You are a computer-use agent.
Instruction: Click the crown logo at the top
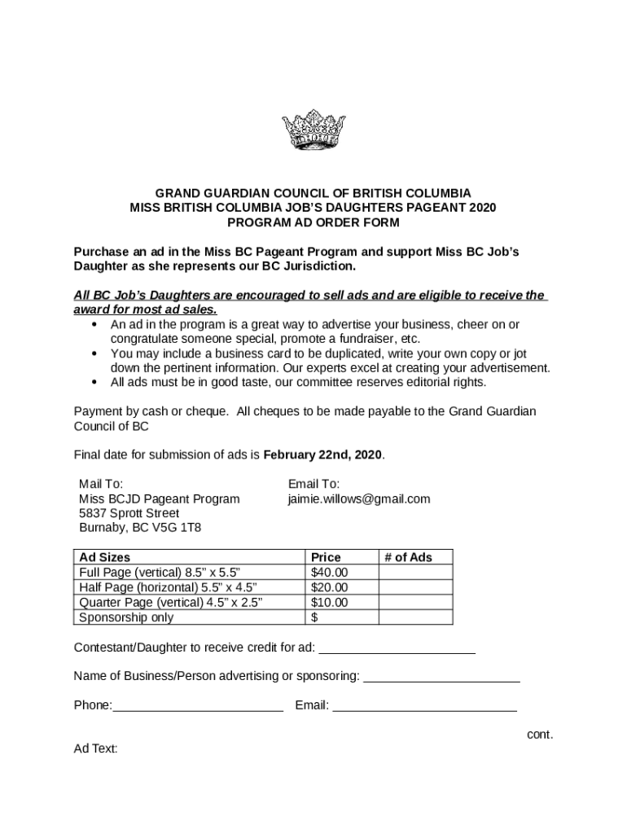click(313, 130)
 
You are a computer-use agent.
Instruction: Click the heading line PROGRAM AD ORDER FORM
click(313, 222)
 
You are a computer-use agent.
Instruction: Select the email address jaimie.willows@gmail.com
click(358, 498)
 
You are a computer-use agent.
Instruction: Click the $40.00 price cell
click(330, 573)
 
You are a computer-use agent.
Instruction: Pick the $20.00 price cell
click(330, 587)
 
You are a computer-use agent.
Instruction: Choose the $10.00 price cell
click(330, 603)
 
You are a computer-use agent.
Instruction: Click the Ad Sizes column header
click(104, 557)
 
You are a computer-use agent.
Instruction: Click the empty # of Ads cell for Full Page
click(416, 573)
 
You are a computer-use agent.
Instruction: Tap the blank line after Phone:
click(198, 707)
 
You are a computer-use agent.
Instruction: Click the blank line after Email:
click(424, 707)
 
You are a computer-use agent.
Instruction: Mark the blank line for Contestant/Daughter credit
click(397, 649)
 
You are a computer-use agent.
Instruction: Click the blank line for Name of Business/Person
click(441, 678)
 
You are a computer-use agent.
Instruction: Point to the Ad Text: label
click(96, 748)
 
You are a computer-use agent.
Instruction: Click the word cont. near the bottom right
click(540, 735)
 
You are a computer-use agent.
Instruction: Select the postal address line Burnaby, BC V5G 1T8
click(140, 528)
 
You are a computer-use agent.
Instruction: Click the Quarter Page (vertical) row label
click(170, 603)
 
